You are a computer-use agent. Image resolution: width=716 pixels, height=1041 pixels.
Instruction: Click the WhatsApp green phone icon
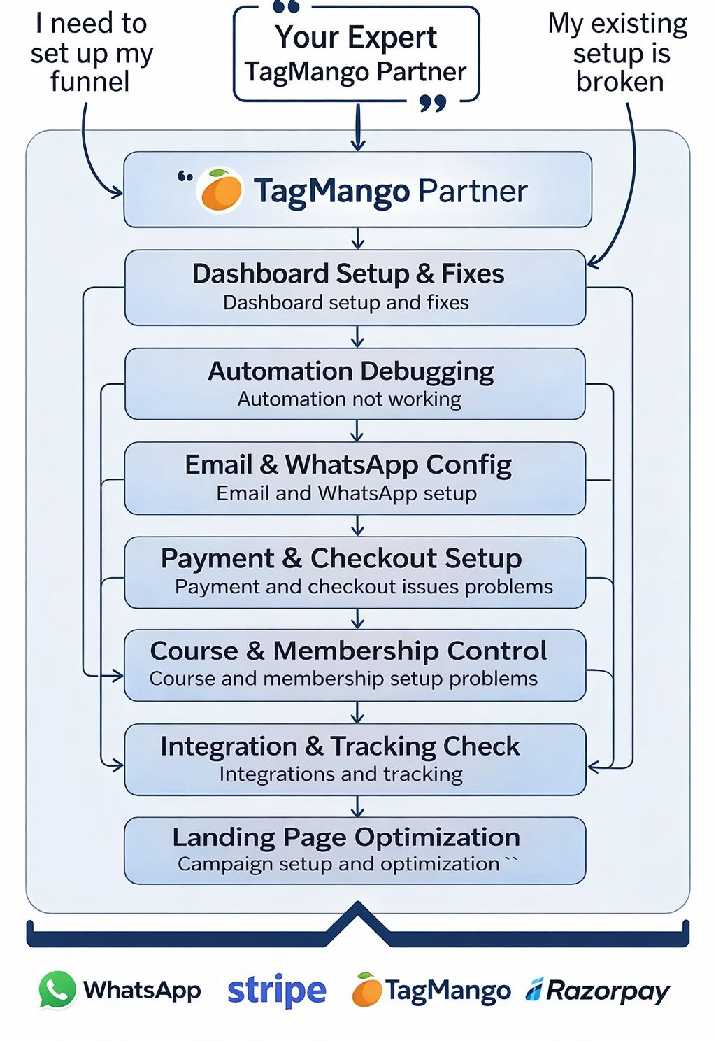click(57, 990)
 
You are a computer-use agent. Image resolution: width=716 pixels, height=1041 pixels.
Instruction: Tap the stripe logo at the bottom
click(277, 991)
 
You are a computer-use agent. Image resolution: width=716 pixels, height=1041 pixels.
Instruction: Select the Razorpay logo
click(599, 991)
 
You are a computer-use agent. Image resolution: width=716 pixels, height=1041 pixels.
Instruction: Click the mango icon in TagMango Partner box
click(221, 190)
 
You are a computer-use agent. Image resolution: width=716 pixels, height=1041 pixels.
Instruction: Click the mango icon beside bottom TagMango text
click(367, 991)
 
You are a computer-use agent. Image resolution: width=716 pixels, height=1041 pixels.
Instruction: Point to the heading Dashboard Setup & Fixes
click(348, 274)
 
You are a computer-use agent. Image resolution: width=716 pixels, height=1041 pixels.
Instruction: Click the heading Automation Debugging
click(351, 371)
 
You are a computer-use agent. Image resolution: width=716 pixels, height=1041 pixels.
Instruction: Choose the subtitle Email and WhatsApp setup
click(347, 493)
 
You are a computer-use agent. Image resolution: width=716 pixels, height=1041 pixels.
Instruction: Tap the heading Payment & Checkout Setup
click(341, 558)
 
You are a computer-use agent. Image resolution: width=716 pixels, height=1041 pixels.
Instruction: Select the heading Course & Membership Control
click(348, 651)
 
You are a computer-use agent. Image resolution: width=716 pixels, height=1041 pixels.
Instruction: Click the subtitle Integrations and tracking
click(341, 774)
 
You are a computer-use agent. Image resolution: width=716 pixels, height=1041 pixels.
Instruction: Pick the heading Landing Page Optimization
click(346, 837)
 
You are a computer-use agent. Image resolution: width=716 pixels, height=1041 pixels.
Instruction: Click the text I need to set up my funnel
click(91, 52)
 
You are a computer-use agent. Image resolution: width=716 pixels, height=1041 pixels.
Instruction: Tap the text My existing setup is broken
click(619, 52)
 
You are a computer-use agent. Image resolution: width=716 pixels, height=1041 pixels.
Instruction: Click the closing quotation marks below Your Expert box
click(433, 104)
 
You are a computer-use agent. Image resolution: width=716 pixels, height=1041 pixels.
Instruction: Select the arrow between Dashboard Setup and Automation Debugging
click(358, 337)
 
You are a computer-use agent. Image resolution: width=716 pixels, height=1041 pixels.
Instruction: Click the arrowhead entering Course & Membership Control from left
click(116, 675)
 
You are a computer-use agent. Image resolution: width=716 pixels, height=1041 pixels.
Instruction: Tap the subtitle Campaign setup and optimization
click(339, 864)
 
